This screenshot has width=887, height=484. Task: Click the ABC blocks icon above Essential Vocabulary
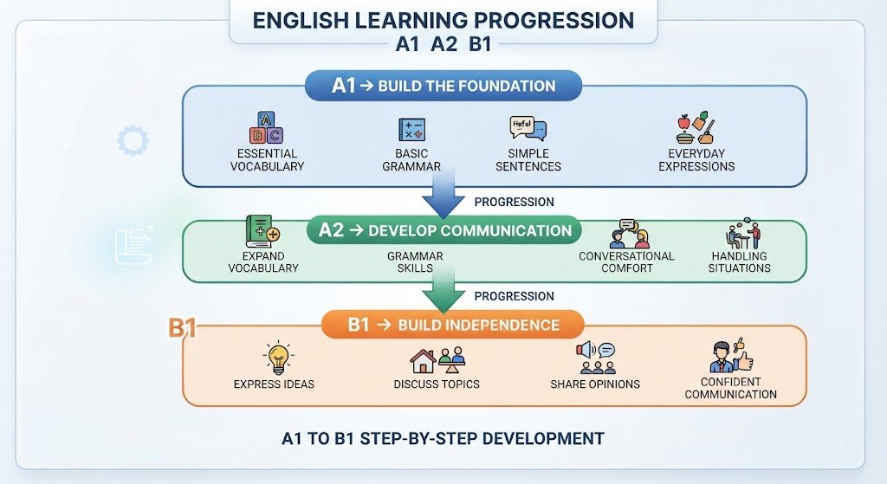[x=267, y=127]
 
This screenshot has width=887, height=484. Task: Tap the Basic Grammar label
[x=411, y=160]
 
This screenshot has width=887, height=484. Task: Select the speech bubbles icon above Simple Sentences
[x=528, y=128]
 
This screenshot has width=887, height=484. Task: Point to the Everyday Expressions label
[x=696, y=160]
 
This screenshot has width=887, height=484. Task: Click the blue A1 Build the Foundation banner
[x=443, y=86]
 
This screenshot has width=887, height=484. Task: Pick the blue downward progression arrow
[x=443, y=196]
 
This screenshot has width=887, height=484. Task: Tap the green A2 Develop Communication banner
[x=444, y=230]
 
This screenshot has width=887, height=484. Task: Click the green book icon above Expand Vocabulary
[x=262, y=231]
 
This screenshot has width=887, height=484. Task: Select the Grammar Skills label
[x=415, y=261]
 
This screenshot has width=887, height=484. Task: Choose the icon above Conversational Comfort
[x=630, y=234]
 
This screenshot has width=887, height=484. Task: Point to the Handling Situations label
[x=740, y=261]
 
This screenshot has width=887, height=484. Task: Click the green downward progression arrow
[x=443, y=290]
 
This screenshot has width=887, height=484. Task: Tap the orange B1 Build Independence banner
[x=452, y=325]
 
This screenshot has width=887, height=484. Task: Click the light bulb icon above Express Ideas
[x=278, y=358]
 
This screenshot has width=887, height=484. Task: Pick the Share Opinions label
[x=595, y=384]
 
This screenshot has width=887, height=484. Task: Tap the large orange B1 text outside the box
[x=182, y=328]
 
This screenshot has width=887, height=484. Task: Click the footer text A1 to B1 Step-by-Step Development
[x=443, y=439]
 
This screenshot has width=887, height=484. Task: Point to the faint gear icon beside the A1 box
[x=133, y=141]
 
